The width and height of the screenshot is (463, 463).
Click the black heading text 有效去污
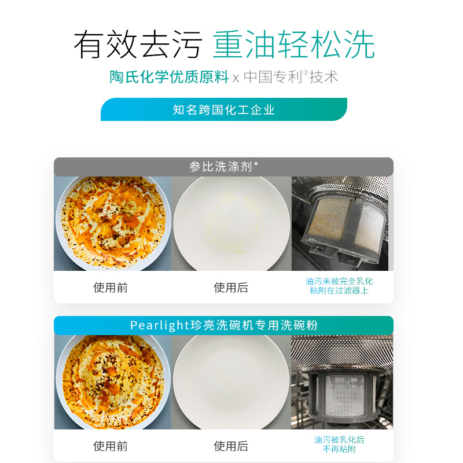click(x=137, y=44)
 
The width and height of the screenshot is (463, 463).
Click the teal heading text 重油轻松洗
click(x=294, y=44)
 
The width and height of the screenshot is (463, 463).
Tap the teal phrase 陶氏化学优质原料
click(x=169, y=78)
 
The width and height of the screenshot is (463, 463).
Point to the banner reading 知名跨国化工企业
click(x=224, y=109)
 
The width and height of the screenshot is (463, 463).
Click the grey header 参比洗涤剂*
click(x=223, y=167)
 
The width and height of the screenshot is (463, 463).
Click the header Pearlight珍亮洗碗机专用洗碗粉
click(x=223, y=325)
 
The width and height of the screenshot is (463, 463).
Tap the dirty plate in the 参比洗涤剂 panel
click(x=113, y=223)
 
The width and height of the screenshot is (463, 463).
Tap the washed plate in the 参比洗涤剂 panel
click(x=231, y=223)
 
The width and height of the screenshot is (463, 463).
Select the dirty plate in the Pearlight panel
click(x=113, y=382)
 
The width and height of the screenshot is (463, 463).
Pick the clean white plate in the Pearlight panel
click(x=231, y=382)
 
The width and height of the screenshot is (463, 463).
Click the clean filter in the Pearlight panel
click(x=339, y=388)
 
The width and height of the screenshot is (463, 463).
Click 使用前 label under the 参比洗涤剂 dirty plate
click(x=111, y=288)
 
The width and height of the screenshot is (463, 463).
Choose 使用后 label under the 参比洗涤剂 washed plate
click(x=231, y=288)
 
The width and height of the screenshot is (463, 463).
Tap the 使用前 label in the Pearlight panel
click(x=111, y=446)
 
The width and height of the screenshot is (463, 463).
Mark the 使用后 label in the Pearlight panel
click(x=231, y=446)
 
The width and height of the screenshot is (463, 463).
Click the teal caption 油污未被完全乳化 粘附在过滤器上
click(x=339, y=286)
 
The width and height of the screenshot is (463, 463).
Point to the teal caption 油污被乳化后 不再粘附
click(x=339, y=444)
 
